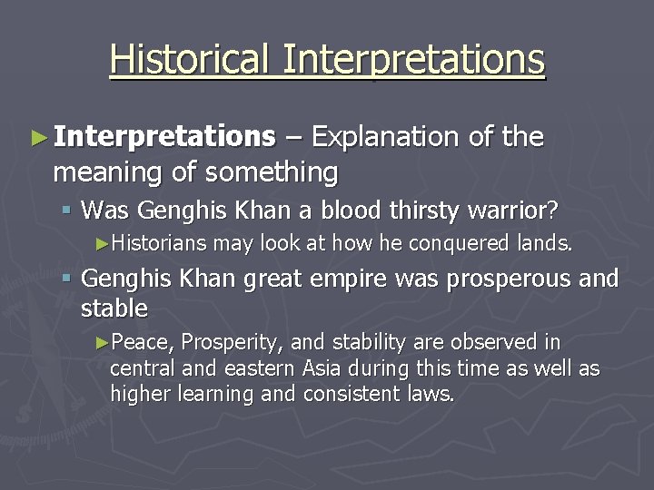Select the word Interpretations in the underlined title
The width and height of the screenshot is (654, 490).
tap(413, 60)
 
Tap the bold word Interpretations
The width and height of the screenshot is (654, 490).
tap(163, 137)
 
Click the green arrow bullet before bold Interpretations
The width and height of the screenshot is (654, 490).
tap(37, 138)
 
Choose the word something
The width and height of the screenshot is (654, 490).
tap(272, 171)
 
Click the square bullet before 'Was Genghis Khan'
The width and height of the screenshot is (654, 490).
tap(66, 211)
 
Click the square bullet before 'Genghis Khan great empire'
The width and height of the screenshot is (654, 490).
tap(66, 279)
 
